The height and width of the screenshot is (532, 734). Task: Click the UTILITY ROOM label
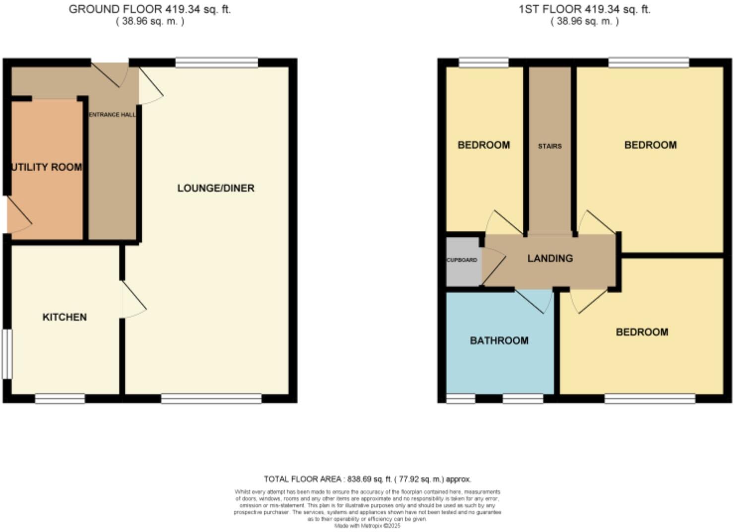coord(47,167)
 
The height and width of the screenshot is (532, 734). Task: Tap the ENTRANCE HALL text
coord(112,115)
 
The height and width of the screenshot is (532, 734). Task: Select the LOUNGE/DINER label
coord(216,188)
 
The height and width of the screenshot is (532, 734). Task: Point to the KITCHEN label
coord(64,317)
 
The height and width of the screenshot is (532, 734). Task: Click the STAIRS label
coord(550,146)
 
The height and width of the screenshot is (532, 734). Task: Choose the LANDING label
coord(550,259)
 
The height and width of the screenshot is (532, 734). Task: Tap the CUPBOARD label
coord(462,260)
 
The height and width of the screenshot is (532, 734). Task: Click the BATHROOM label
coord(499,340)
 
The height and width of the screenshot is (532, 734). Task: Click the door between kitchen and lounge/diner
coord(132,299)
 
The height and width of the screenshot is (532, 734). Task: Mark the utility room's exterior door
coord(18,215)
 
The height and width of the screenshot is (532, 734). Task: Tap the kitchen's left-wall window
coord(6,354)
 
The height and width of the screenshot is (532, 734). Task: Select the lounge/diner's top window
coord(217,63)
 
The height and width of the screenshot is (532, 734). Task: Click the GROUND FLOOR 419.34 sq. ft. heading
coord(150,9)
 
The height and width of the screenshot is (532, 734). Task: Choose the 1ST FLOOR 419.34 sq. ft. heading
coord(584,9)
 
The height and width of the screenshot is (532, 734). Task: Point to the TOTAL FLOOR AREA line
coord(367,479)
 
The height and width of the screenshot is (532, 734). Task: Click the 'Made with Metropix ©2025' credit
coord(367,526)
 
